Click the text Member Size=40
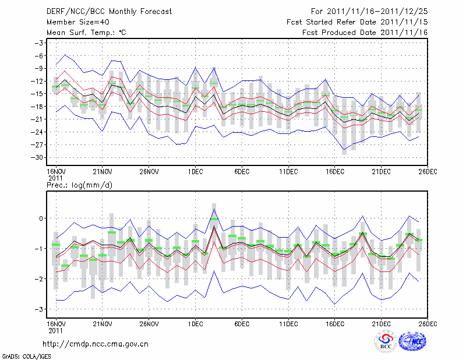(x=73, y=22)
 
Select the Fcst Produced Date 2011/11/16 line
(x=365, y=32)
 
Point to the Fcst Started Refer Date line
(x=357, y=22)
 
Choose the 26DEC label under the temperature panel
(x=428, y=171)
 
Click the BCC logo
(x=386, y=342)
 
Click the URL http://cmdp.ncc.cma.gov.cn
(x=96, y=344)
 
